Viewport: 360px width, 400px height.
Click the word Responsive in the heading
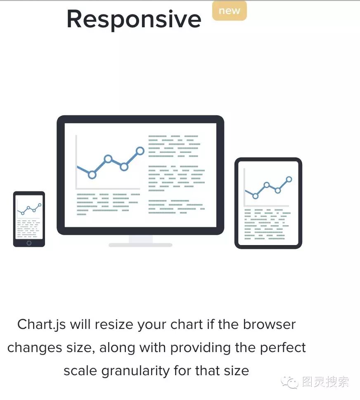click(134, 19)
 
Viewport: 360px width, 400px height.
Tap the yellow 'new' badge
click(229, 11)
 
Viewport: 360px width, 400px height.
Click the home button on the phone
click(29, 243)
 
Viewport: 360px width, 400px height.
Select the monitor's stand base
click(140, 245)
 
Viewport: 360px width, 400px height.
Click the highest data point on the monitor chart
click(140, 151)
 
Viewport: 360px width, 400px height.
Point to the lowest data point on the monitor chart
click(92, 175)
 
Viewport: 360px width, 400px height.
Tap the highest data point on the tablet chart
click(289, 179)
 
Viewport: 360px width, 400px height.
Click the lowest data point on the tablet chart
click(255, 196)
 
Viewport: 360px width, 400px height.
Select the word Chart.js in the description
click(41, 325)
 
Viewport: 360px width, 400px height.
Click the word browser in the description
click(269, 324)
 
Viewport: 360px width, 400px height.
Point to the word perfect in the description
click(283, 348)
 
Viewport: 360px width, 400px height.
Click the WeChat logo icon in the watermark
click(290, 382)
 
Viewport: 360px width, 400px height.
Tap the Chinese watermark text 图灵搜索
click(325, 382)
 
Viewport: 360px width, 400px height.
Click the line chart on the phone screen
click(29, 209)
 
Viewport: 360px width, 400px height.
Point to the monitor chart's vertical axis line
click(76, 162)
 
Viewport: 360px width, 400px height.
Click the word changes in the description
click(35, 348)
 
